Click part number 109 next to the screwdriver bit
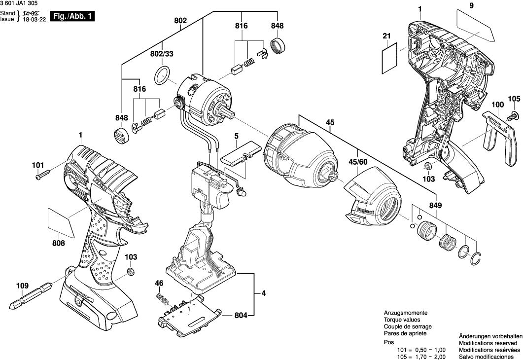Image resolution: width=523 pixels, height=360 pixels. (x=23, y=286)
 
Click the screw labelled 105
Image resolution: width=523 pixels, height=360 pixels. (x=513, y=116)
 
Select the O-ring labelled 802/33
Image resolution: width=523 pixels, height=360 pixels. (x=163, y=76)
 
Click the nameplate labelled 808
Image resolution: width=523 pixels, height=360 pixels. (x=59, y=219)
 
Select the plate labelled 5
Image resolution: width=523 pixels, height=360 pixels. (x=240, y=154)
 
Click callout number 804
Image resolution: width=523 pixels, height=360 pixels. (x=241, y=315)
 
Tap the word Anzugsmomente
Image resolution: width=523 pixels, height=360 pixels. (x=405, y=313)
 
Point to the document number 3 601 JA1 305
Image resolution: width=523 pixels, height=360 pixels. (x=23, y=3)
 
